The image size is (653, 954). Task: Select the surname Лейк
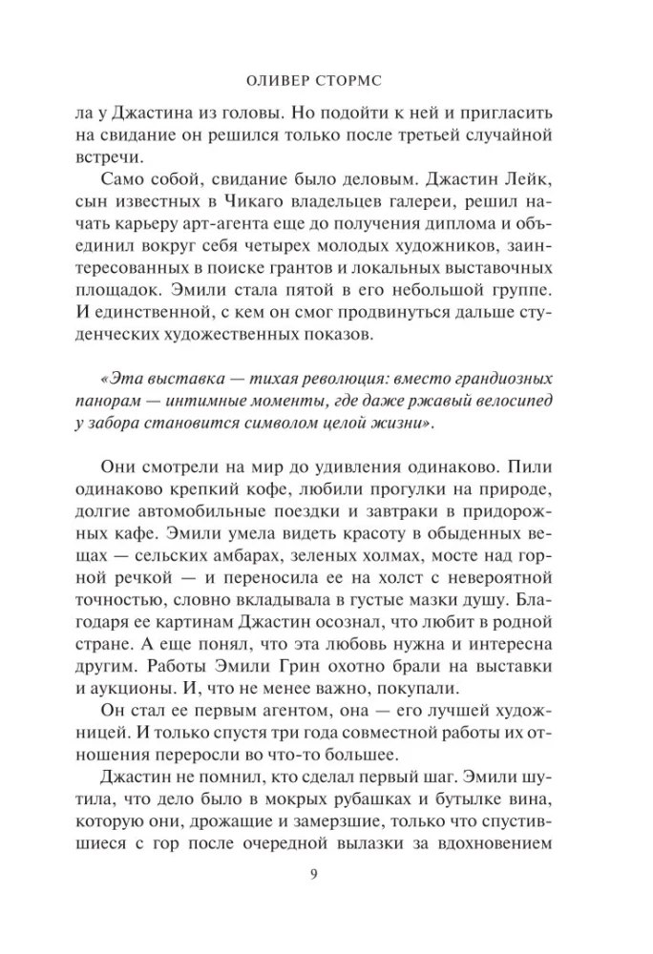530,179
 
